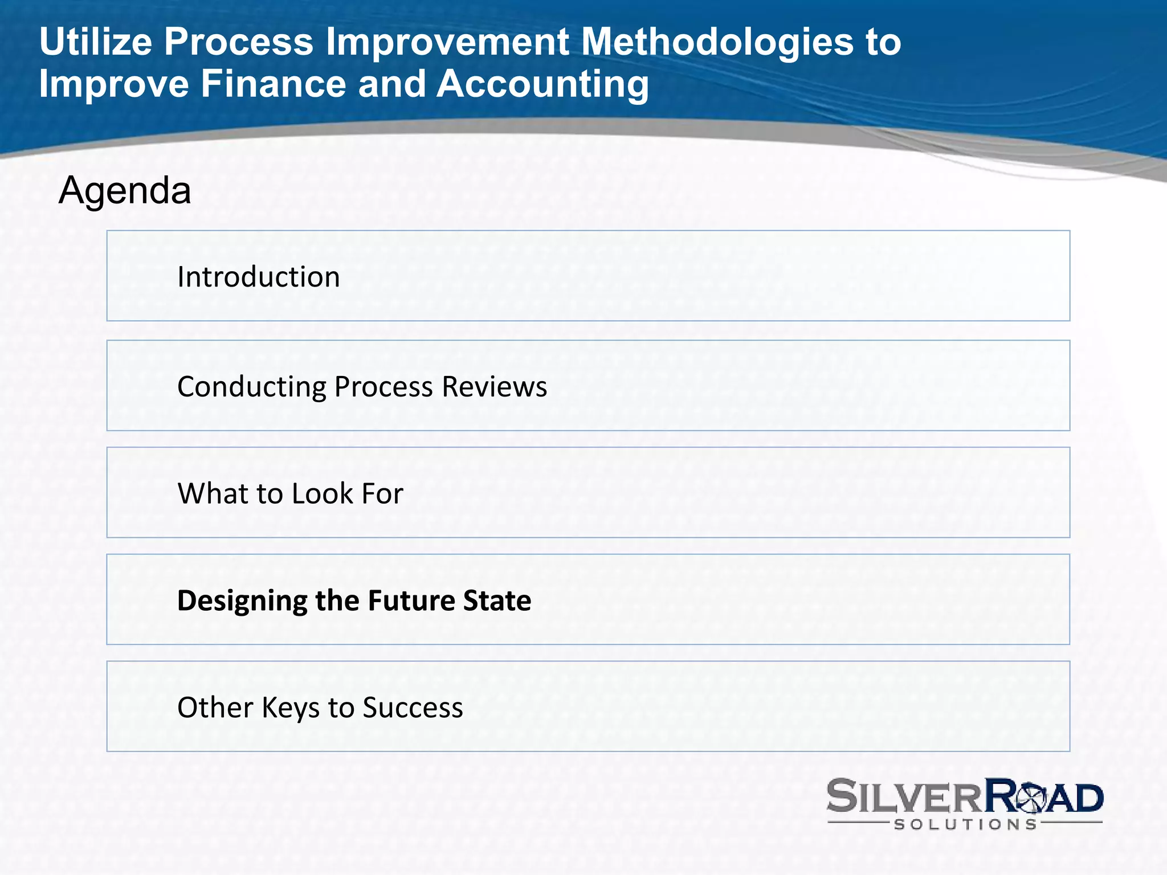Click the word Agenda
tap(125, 190)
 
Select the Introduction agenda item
tap(258, 277)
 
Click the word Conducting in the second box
tap(251, 387)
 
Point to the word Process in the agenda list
tap(383, 387)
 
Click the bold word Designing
tap(242, 601)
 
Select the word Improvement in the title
tap(447, 42)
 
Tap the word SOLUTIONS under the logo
tap(965, 824)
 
